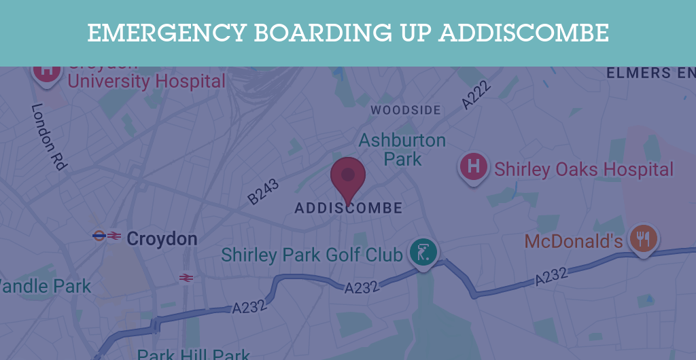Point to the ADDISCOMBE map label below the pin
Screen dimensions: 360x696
tap(348, 208)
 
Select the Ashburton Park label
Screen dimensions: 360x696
tap(402, 149)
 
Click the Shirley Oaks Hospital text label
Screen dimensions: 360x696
tap(583, 169)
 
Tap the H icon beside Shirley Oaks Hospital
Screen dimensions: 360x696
tap(474, 166)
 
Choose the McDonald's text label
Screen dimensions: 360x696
tap(574, 241)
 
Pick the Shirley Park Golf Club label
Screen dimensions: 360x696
tap(312, 255)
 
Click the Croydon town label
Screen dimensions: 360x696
tap(162, 239)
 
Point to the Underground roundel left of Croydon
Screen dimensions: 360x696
tap(99, 236)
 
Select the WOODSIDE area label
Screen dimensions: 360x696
tap(406, 110)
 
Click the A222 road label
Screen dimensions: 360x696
tap(476, 96)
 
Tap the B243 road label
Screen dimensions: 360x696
tap(263, 191)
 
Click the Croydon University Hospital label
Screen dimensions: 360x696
tap(146, 82)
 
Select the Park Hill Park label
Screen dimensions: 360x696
tap(193, 355)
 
